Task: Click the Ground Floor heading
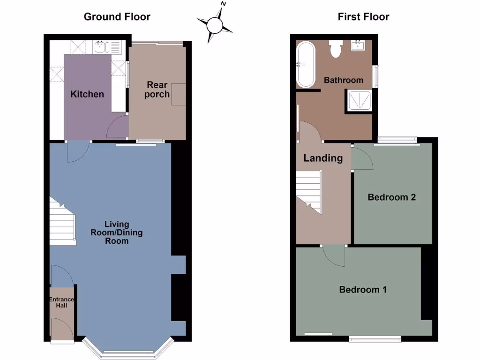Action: click(117, 17)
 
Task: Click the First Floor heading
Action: click(363, 17)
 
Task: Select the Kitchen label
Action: click(87, 94)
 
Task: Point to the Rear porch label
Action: click(157, 90)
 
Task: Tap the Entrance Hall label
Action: click(61, 302)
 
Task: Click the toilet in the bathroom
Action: click(335, 49)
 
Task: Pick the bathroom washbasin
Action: click(359, 45)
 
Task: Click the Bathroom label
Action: click(344, 80)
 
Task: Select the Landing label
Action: click(323, 158)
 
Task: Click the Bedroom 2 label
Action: click(392, 197)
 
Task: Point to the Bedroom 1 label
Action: click(363, 289)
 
